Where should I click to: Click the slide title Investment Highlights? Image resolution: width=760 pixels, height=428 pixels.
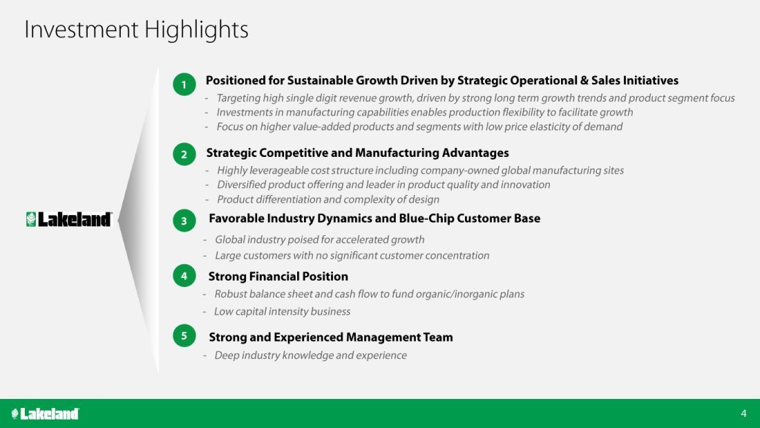(136, 30)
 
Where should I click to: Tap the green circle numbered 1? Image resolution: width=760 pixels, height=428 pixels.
(184, 84)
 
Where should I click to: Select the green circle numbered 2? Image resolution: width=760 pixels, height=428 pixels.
(184, 154)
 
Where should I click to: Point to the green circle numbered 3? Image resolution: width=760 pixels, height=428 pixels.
(184, 221)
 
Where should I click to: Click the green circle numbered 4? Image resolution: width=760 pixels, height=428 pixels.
(184, 276)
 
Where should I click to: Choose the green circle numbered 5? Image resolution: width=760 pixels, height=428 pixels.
(184, 335)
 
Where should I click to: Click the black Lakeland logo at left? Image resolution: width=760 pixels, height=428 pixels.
(69, 219)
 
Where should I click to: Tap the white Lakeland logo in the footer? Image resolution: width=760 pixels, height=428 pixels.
(45, 413)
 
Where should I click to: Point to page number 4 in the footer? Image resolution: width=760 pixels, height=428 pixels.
(743, 413)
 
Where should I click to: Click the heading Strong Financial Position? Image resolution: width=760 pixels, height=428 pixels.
(278, 277)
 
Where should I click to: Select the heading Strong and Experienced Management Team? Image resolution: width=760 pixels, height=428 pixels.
(330, 337)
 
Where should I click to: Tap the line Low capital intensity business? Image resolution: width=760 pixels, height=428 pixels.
(282, 312)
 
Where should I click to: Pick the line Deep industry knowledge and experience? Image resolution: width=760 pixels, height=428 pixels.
(311, 355)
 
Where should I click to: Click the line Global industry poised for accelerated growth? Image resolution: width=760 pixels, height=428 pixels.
(319, 240)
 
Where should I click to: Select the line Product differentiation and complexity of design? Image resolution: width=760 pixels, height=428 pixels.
(328, 199)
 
